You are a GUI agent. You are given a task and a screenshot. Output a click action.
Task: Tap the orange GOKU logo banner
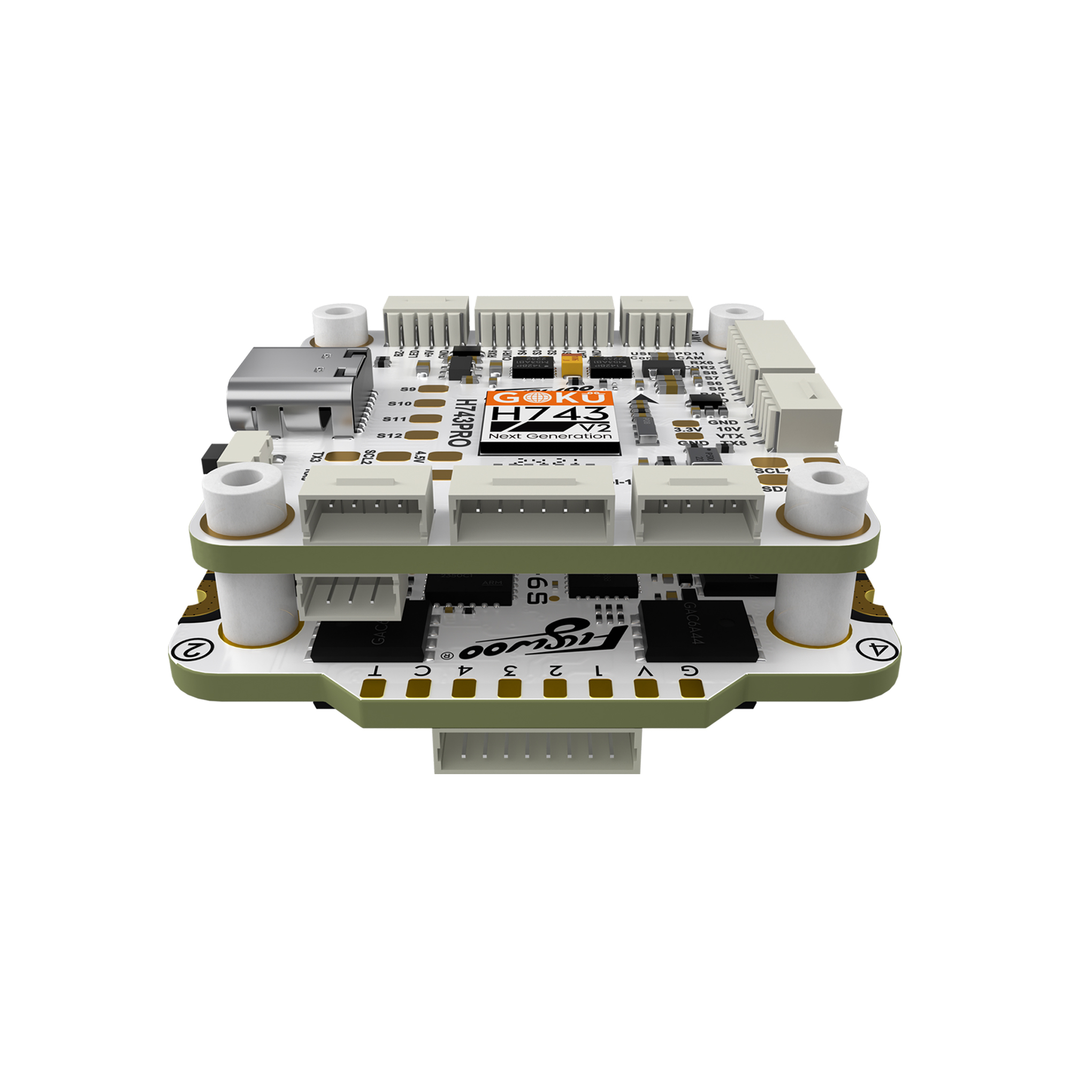[x=549, y=397]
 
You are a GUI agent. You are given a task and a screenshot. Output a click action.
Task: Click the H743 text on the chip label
[x=549, y=414]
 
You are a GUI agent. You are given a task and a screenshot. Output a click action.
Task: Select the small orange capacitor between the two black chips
[x=572, y=366]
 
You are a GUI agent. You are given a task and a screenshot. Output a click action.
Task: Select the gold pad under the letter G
[x=691, y=688]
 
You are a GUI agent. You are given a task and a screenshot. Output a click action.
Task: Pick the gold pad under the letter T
[x=372, y=689]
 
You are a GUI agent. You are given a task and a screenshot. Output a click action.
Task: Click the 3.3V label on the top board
[x=688, y=429]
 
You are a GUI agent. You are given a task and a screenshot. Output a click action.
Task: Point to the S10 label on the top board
[x=400, y=404]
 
